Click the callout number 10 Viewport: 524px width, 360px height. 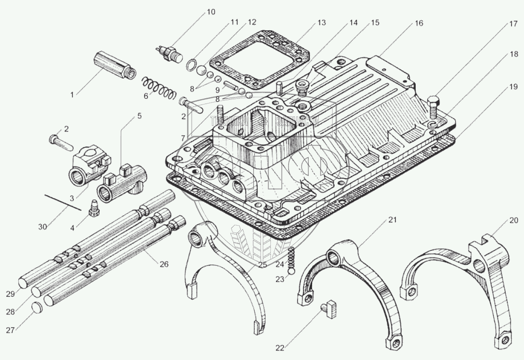coord(210,12)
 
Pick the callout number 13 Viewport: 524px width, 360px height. coord(321,23)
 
